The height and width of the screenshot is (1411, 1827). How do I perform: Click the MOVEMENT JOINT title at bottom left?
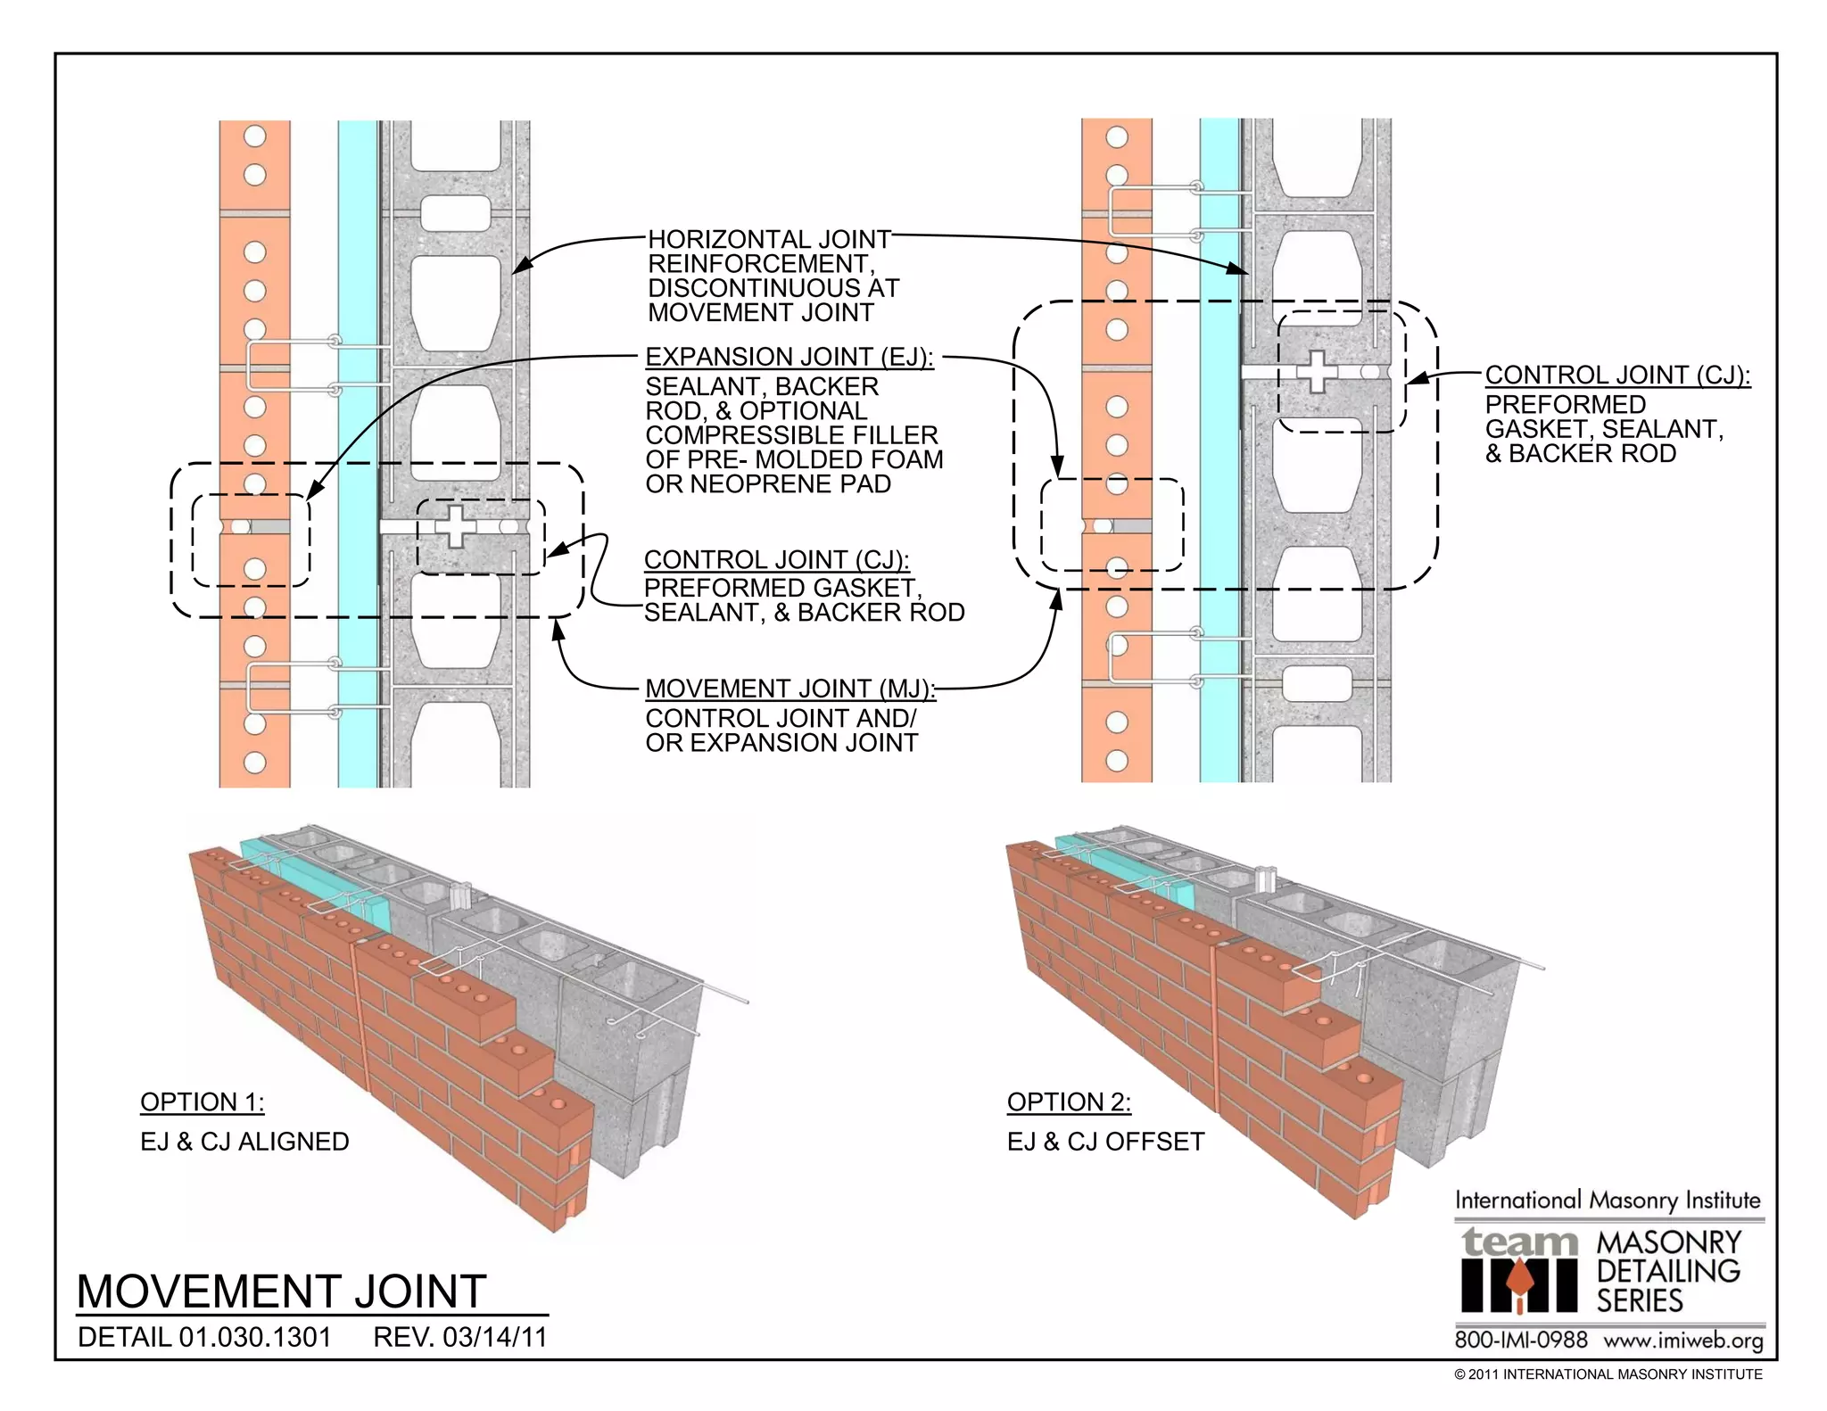click(281, 1291)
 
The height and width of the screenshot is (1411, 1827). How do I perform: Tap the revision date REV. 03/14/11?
click(459, 1337)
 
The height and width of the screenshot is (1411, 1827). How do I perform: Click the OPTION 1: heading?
click(202, 1102)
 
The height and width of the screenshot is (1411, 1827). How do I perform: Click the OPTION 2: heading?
click(1069, 1102)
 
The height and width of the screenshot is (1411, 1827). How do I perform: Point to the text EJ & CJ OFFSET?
click(1105, 1142)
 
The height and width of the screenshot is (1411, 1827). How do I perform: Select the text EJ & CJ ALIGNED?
click(244, 1142)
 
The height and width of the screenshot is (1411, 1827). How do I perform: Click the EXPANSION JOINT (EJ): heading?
click(789, 357)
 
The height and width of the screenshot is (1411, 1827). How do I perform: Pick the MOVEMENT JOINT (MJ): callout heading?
click(789, 689)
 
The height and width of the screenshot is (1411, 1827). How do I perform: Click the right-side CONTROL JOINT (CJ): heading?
click(1617, 375)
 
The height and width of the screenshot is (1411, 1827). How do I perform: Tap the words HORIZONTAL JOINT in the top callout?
click(769, 239)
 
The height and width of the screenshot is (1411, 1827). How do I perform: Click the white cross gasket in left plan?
click(456, 526)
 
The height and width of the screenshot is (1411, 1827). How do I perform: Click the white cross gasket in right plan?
click(1317, 371)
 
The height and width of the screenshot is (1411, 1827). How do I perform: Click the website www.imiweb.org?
click(1682, 1340)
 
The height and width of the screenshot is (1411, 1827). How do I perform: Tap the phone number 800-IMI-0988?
click(1521, 1340)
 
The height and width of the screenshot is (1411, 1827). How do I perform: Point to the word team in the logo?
click(1519, 1242)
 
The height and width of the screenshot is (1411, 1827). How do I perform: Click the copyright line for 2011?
click(1608, 1374)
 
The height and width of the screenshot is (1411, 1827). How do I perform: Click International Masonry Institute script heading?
click(1608, 1201)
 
